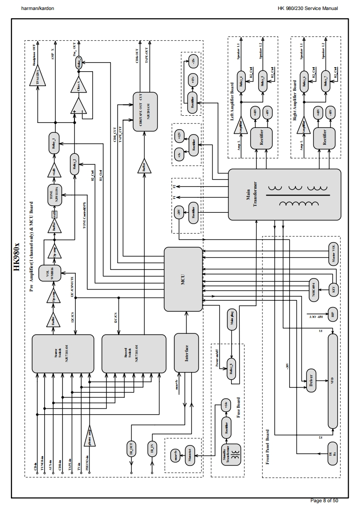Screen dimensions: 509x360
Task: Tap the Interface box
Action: (x=187, y=353)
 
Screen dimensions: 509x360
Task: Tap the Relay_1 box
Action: (x=54, y=143)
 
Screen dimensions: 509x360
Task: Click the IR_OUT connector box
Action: (x=131, y=449)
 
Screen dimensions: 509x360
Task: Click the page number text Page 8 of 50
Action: (x=323, y=500)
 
